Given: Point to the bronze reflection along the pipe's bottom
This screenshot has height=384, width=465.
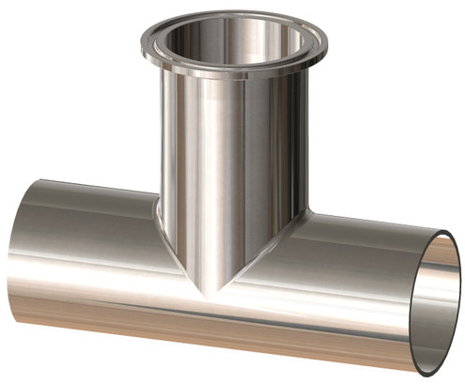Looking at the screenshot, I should (141, 319).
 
